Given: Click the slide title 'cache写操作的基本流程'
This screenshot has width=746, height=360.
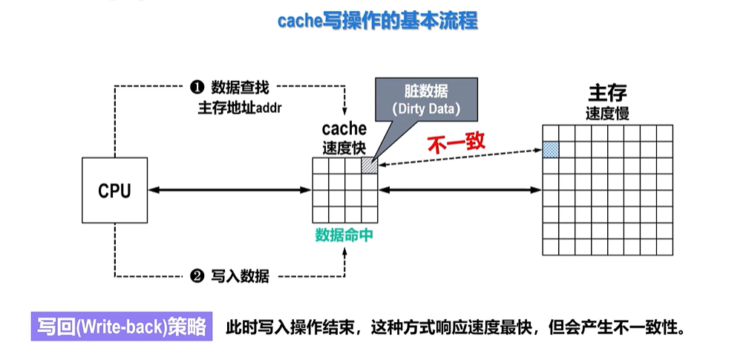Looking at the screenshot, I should pos(378,20).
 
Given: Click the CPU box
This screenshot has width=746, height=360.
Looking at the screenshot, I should pos(114,190).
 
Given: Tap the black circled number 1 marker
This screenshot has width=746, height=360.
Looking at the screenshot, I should pos(197,88).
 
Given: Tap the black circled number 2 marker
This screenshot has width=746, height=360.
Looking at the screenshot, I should pos(197,277).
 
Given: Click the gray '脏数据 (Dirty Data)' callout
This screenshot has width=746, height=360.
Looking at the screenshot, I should pos(426,100).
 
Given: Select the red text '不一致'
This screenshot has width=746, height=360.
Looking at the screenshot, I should pos(456,143).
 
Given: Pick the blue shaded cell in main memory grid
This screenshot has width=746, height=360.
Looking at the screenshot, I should pos(550,149).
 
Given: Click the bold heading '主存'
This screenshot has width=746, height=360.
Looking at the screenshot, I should pos(607,94).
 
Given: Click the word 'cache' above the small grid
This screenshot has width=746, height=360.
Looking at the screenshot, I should pos(344,129).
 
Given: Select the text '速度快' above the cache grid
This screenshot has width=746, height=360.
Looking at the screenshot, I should pos(344,147).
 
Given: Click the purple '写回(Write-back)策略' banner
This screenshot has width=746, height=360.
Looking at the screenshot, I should pos(122,327).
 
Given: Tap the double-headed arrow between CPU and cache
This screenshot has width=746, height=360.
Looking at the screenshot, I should pos(229,191).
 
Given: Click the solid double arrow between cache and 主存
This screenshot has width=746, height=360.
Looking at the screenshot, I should pos(461,191).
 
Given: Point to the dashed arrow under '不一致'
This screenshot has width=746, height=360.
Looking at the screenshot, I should pos(460,158).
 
